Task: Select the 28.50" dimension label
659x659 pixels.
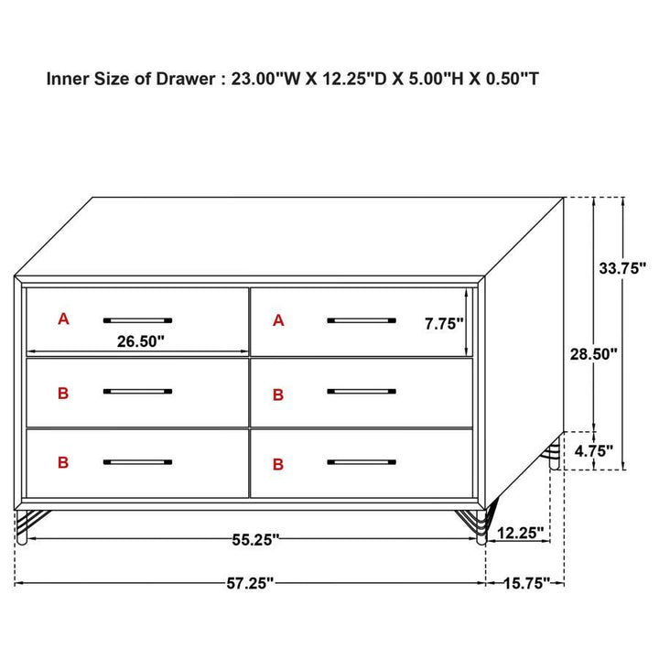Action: pyautogui.click(x=595, y=353)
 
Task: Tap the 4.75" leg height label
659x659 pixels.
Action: pyautogui.click(x=594, y=450)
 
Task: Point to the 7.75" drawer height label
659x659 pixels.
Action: pyautogui.click(x=444, y=323)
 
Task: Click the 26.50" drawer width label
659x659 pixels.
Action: pyautogui.click(x=140, y=342)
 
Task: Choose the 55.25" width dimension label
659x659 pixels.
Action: pyautogui.click(x=254, y=540)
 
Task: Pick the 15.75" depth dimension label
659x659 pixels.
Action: pyautogui.click(x=526, y=583)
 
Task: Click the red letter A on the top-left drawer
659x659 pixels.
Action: pyautogui.click(x=63, y=319)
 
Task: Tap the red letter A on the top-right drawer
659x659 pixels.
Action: pyautogui.click(x=278, y=319)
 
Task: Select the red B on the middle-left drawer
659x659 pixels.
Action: pyautogui.click(x=63, y=394)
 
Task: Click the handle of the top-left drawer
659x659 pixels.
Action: pyautogui.click(x=137, y=319)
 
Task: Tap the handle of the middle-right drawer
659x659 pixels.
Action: pyautogui.click(x=362, y=391)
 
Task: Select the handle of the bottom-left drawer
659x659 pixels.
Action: pyautogui.click(x=137, y=462)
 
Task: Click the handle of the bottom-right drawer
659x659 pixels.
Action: pyautogui.click(x=362, y=462)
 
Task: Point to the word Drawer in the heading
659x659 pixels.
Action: pyautogui.click(x=184, y=79)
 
